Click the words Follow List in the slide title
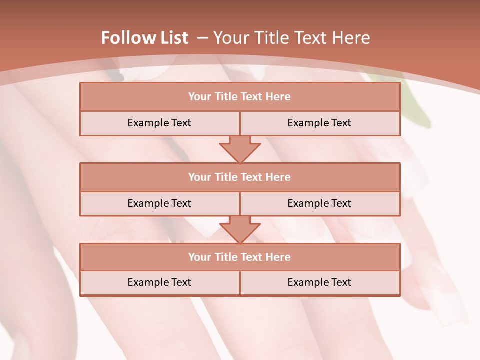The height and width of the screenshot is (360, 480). pyautogui.click(x=144, y=38)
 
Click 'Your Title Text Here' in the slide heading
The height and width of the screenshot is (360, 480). pyautogui.click(x=291, y=38)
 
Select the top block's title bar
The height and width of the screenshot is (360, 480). pyautogui.click(x=240, y=97)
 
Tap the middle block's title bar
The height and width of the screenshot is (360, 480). pyautogui.click(x=240, y=177)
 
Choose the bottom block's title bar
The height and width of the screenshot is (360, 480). pyautogui.click(x=240, y=257)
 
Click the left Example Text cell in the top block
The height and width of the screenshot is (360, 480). pyautogui.click(x=159, y=123)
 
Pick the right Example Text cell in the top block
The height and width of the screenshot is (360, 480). pyautogui.click(x=319, y=123)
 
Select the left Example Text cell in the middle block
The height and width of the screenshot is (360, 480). pyautogui.click(x=159, y=203)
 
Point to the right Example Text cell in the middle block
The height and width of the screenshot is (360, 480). pyautogui.click(x=319, y=203)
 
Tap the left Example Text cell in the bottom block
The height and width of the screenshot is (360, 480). pyautogui.click(x=159, y=282)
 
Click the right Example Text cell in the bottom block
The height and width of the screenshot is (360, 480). pyautogui.click(x=319, y=282)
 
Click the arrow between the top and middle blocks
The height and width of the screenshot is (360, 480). pyautogui.click(x=240, y=149)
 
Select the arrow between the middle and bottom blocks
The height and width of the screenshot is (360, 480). pyautogui.click(x=240, y=229)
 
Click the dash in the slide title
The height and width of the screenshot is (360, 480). pyautogui.click(x=202, y=38)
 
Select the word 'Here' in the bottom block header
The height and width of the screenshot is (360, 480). pyautogui.click(x=278, y=257)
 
